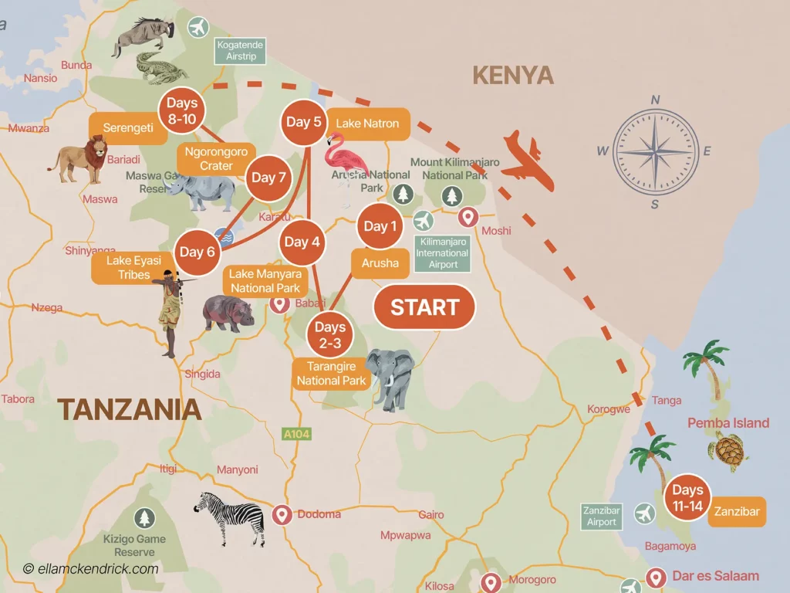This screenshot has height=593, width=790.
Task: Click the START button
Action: click(424, 307)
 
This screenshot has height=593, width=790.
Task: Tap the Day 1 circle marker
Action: click(380, 226)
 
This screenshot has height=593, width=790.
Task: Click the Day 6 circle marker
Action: click(197, 252)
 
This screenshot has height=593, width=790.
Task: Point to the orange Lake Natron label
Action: click(368, 124)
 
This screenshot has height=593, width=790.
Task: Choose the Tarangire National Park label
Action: click(331, 374)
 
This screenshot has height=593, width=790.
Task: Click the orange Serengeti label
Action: click(127, 128)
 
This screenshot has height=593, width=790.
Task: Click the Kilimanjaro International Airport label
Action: click(443, 253)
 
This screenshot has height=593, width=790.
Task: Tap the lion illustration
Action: click(79, 159)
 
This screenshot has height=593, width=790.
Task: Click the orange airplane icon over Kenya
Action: click(528, 159)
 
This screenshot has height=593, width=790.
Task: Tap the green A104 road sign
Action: click(296, 434)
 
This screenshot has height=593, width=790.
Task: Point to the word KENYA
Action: click(512, 76)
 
